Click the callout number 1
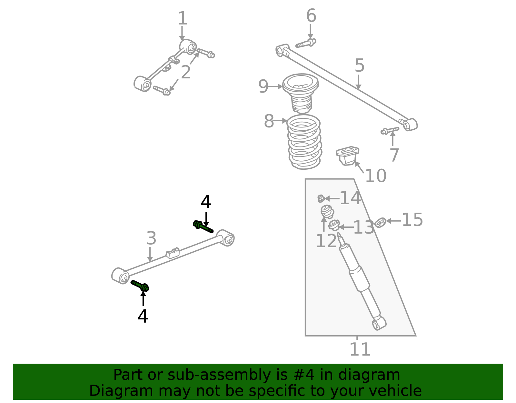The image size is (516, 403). [x=182, y=18]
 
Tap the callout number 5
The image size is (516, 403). [x=360, y=65]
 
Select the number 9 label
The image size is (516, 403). [x=263, y=86]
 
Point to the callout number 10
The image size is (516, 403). [x=376, y=176]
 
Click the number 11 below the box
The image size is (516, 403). [x=360, y=349]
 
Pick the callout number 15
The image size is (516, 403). [x=412, y=220]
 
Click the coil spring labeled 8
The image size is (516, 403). [x=304, y=142]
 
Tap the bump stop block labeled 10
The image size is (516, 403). [x=347, y=156]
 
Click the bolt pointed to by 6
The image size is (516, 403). [x=306, y=43]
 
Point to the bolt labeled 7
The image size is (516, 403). [x=390, y=131]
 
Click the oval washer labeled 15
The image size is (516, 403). [x=380, y=223]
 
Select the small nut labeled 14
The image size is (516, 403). [x=321, y=198]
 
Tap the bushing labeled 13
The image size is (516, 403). [x=334, y=225]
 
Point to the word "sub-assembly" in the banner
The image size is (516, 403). [x=219, y=375]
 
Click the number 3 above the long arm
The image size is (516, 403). [x=151, y=238]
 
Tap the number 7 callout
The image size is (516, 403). [x=394, y=155]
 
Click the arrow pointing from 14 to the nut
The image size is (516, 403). [x=332, y=198]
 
